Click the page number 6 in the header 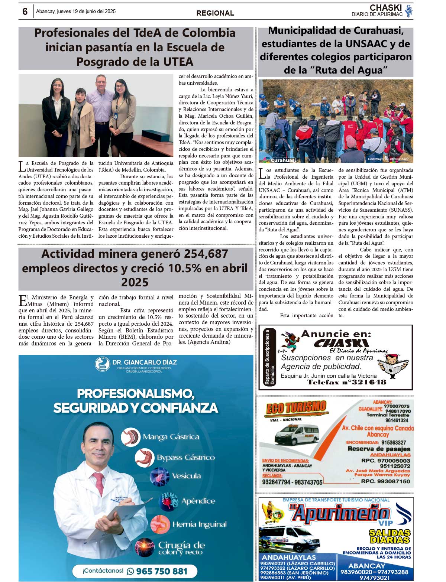point(25,12)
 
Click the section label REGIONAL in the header point(215,13)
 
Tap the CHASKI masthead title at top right point(385,8)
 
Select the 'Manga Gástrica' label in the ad point(171,437)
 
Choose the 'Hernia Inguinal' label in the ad point(199,524)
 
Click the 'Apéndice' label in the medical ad point(198,501)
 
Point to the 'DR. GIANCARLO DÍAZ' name point(145,362)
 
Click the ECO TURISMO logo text point(296,408)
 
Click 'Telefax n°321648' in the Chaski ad point(346,382)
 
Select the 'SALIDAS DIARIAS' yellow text point(390,536)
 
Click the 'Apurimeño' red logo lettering point(340,514)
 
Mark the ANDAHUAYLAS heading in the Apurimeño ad point(289,557)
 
